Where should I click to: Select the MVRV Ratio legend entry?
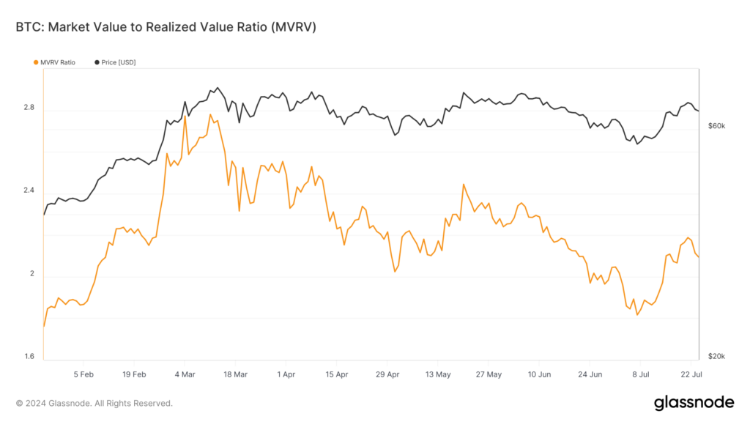[55, 62]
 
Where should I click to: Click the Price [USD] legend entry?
[117, 62]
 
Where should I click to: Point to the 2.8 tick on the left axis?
[29, 108]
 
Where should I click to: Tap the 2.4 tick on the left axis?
[29, 190]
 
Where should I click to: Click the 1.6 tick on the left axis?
[29, 357]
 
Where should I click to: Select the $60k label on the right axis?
[716, 126]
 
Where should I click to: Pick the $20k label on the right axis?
[716, 357]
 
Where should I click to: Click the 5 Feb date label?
[83, 374]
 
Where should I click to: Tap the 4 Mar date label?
[185, 374]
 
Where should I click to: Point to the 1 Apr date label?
[286, 374]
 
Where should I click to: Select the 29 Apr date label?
[387, 374]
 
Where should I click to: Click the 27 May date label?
[489, 374]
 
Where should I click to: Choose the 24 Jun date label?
[590, 374]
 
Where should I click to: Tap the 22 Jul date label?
[691, 374]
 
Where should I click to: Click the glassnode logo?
[693, 402]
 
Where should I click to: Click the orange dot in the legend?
[37, 62]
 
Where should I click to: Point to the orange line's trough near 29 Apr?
[396, 272]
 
